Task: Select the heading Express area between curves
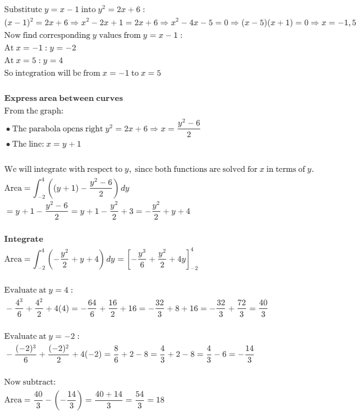(x=64, y=98)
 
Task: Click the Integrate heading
(x=24, y=239)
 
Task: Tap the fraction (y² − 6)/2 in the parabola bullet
(x=189, y=129)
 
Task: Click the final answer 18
(x=160, y=400)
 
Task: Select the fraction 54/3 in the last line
(x=139, y=400)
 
